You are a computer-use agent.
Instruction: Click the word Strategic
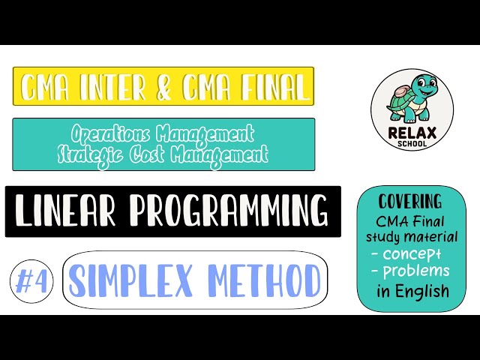point(95,154)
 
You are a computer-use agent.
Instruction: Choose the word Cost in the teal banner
point(159,154)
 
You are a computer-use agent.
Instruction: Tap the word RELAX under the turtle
point(412,133)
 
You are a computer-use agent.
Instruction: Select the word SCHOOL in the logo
point(412,143)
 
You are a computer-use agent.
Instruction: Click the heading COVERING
point(410,202)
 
